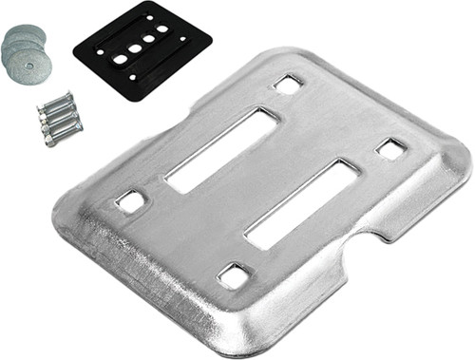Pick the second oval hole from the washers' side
pyautogui.click(x=135, y=48)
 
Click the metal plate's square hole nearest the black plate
pyautogui.click(x=288, y=84)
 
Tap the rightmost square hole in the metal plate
pyautogui.click(x=390, y=148)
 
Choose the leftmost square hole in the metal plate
pyautogui.click(x=130, y=201)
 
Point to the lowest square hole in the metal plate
pyautogui.click(x=233, y=275)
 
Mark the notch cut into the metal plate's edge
pyautogui.click(x=356, y=255)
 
